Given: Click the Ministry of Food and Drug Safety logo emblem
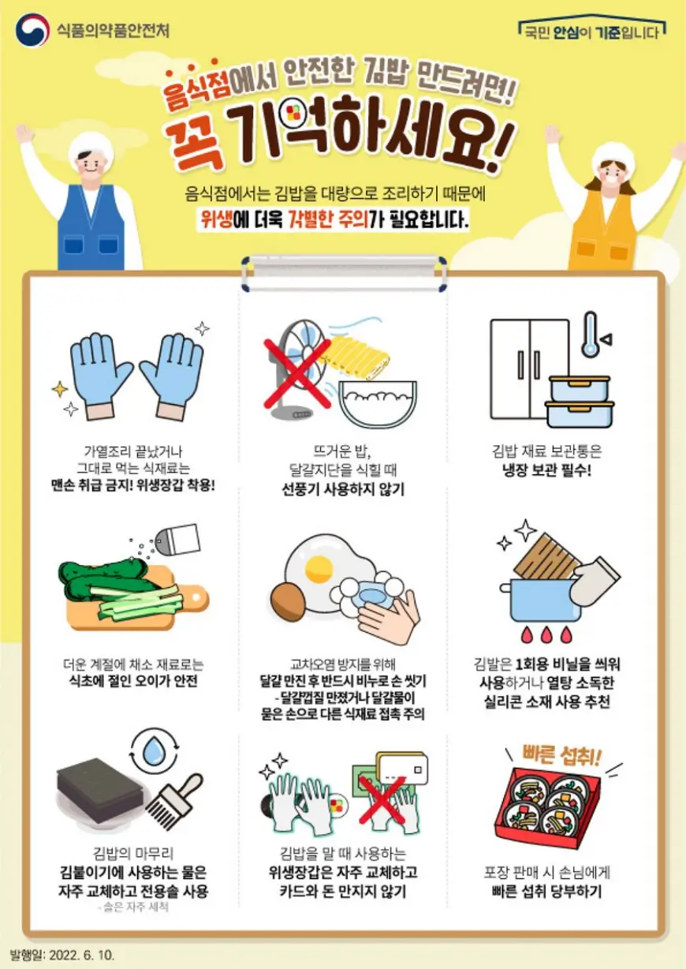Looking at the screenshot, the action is coord(32,30).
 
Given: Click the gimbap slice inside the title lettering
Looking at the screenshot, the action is coord(293,114).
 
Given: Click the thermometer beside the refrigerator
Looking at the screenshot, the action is coord(590,335).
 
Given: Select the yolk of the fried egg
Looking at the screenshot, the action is coord(319,568).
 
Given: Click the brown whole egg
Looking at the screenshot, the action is coord(289,601).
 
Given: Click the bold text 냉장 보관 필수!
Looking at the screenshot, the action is coord(546,470).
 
